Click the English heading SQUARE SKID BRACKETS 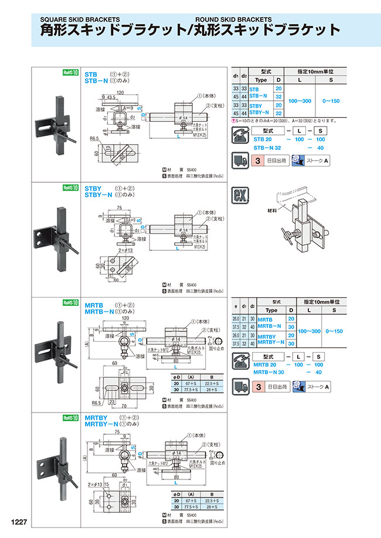[80, 18]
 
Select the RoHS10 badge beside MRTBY [70, 418]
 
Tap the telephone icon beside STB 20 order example [240, 134]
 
